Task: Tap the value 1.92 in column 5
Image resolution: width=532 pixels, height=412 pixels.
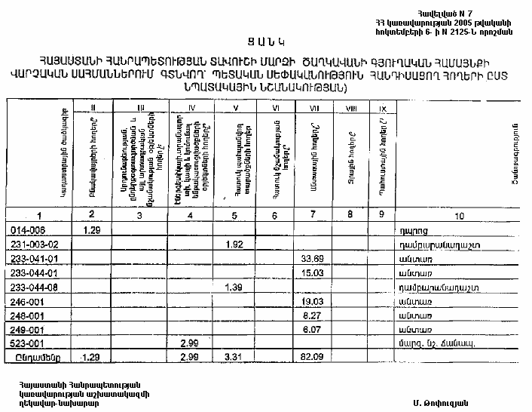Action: [x=234, y=244]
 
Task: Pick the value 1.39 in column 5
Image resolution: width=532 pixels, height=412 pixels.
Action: [x=234, y=288]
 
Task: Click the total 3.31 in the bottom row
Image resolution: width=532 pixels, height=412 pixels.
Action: [x=234, y=356]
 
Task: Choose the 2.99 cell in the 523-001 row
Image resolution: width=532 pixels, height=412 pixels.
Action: [x=189, y=343]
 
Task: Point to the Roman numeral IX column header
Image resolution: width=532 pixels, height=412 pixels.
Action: [x=383, y=109]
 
